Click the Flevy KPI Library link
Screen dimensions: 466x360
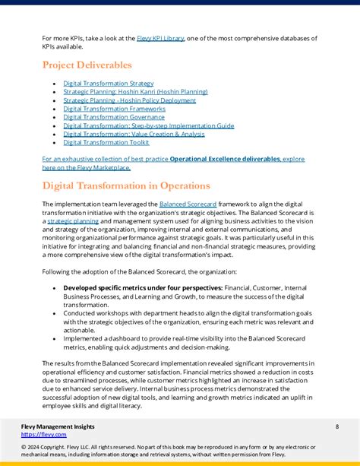pyautogui.click(x=160, y=37)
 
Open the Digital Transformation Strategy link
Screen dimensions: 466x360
pyautogui.click(x=108, y=83)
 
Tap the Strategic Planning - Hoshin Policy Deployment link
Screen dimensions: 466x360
pyautogui.click(x=129, y=100)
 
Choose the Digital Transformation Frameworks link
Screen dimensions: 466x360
pyautogui.click(x=114, y=109)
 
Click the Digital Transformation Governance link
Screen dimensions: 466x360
pyautogui.click(x=114, y=117)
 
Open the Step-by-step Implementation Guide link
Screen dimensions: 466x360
pyautogui.click(x=149, y=125)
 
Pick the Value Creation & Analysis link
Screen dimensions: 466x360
pyautogui.click(x=134, y=134)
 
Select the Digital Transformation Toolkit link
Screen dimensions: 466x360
pyautogui.click(x=106, y=142)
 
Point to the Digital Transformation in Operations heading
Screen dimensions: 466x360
pyautogui.click(x=126, y=185)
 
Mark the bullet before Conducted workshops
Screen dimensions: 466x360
pyautogui.click(x=53, y=313)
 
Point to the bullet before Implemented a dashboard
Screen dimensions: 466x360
pyautogui.click(x=53, y=338)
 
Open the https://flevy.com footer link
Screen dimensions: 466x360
pyautogui.click(x=44, y=435)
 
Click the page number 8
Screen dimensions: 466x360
pyautogui.click(x=336, y=427)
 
